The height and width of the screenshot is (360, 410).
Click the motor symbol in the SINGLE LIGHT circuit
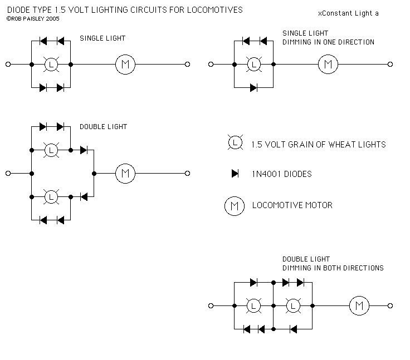[x=125, y=65]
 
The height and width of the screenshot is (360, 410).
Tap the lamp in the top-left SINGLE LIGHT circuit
[x=52, y=65]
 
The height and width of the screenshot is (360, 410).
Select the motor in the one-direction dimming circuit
[x=328, y=65]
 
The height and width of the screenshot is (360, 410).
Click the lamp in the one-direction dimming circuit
[x=255, y=65]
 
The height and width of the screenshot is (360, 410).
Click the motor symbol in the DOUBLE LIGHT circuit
[x=125, y=174]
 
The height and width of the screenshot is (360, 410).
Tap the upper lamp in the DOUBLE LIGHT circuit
[x=52, y=150]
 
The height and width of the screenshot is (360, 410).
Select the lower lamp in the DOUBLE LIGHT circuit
[x=52, y=197]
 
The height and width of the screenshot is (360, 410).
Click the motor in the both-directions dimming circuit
[x=359, y=305]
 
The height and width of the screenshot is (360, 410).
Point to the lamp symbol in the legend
[x=235, y=143]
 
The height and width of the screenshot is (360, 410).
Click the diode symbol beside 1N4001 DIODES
[x=236, y=174]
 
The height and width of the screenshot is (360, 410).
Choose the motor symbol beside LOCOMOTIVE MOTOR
[x=235, y=206]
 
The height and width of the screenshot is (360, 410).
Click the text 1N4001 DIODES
[x=281, y=174]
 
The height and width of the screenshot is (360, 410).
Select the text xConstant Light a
[x=348, y=13]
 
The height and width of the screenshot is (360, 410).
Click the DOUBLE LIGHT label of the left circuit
[x=103, y=127]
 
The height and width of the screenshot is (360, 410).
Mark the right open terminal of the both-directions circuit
[x=391, y=305]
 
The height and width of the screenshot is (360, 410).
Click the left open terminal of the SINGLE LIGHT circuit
[x=8, y=65]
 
